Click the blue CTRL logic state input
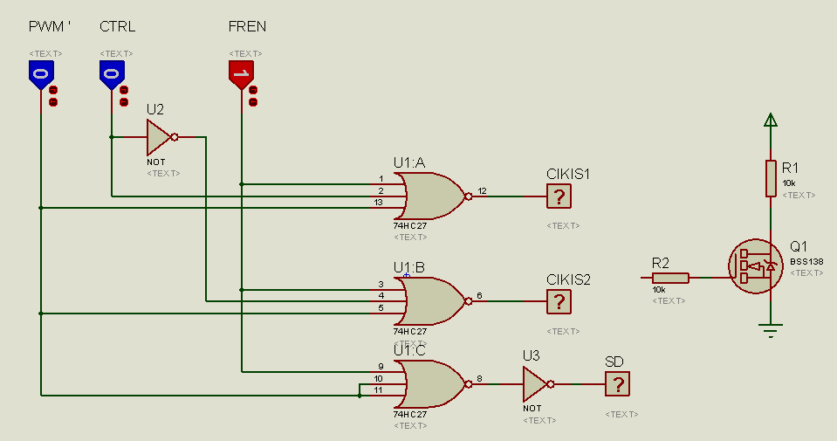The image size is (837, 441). (x=111, y=74)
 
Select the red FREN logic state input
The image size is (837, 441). (x=241, y=74)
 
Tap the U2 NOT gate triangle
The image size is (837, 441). (x=158, y=136)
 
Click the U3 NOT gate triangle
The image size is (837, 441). (x=534, y=383)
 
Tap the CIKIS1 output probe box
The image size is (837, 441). (x=559, y=196)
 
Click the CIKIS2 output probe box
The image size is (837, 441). (x=559, y=302)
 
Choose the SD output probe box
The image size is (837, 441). (x=617, y=384)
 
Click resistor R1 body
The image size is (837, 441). (x=771, y=178)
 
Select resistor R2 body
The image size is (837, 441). (x=670, y=278)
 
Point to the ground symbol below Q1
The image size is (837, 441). (x=771, y=328)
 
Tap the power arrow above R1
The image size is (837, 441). (x=770, y=121)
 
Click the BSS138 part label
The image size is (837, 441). (x=806, y=260)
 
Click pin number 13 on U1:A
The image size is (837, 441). (x=378, y=203)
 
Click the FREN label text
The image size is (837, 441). (x=247, y=27)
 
